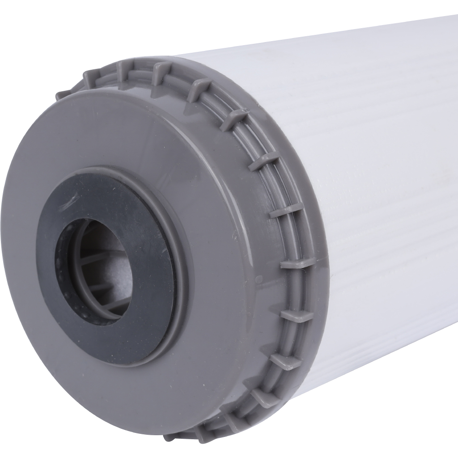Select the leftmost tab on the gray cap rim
click(x=63, y=95)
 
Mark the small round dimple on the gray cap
click(x=258, y=280)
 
